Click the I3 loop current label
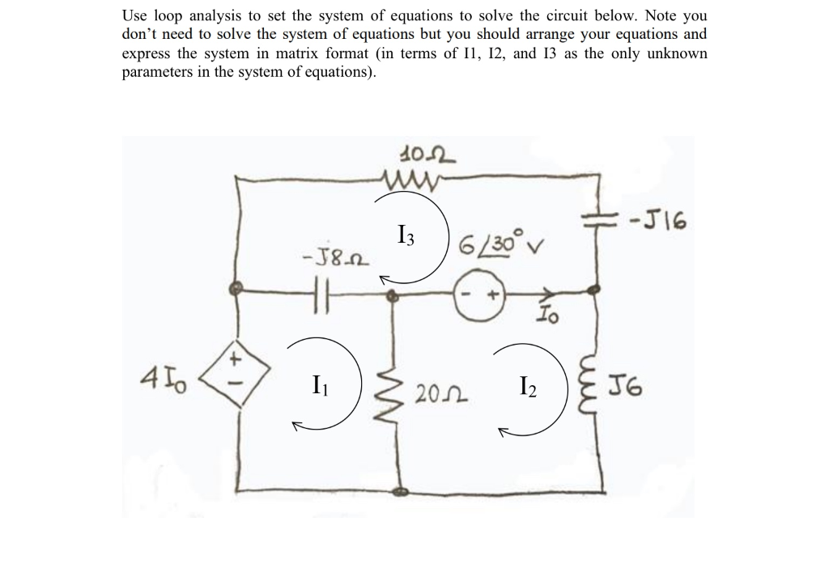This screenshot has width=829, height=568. [x=407, y=236]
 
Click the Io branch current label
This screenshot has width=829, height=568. [x=548, y=321]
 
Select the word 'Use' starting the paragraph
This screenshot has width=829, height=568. [x=134, y=15]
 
